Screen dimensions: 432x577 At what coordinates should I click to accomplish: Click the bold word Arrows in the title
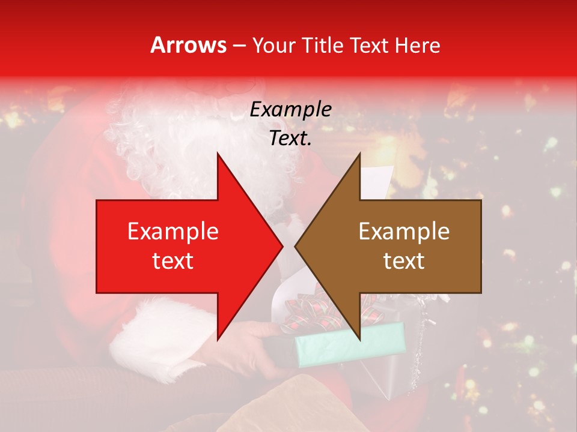tap(189, 45)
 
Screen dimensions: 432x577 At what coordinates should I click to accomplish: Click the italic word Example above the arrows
tap(290, 110)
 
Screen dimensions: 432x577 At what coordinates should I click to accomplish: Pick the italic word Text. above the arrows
tap(290, 139)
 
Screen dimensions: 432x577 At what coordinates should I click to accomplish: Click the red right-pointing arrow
tap(180, 246)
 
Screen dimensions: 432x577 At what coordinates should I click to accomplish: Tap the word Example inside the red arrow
tap(172, 232)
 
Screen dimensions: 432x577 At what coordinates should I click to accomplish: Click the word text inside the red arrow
tap(172, 261)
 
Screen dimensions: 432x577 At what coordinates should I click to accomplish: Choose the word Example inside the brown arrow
tap(404, 232)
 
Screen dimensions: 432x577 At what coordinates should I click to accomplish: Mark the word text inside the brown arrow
tap(404, 261)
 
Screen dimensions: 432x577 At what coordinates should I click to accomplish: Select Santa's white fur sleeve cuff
tap(156, 336)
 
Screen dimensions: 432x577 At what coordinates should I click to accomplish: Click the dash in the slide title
tap(239, 46)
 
